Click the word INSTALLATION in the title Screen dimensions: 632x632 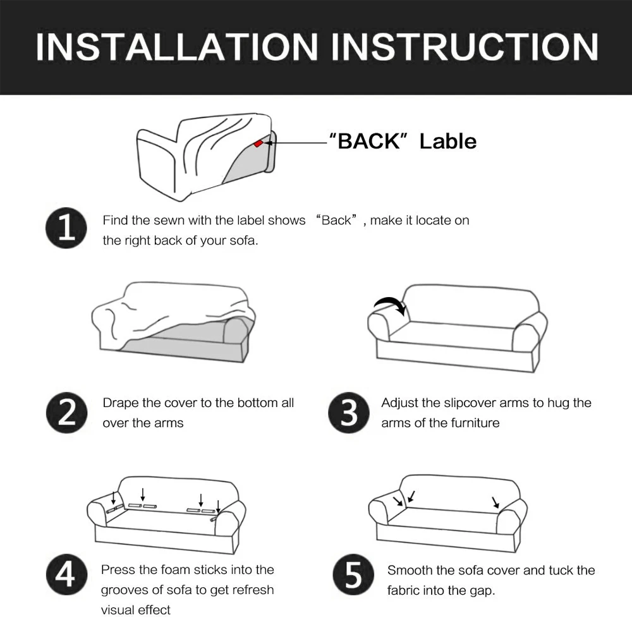click(177, 47)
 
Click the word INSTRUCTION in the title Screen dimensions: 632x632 click(465, 47)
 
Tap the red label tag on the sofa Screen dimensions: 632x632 click(258, 143)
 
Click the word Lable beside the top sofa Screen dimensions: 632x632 click(448, 142)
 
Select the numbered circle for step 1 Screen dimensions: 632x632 click(66, 228)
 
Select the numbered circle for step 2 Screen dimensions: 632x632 click(66, 412)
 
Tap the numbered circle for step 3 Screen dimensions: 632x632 click(349, 412)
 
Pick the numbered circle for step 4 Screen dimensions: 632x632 click(66, 574)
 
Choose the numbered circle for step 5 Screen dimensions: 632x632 click(353, 574)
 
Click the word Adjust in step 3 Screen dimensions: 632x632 click(399, 403)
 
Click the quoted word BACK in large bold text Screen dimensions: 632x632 click(368, 141)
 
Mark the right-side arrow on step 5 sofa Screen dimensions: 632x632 click(495, 502)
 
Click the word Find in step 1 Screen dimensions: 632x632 click(115, 220)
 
